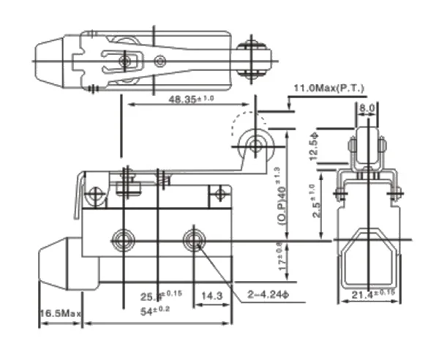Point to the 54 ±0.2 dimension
pyautogui.click(x=155, y=311)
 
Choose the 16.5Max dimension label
pyautogui.click(x=60, y=312)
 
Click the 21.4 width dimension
pyautogui.click(x=371, y=293)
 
